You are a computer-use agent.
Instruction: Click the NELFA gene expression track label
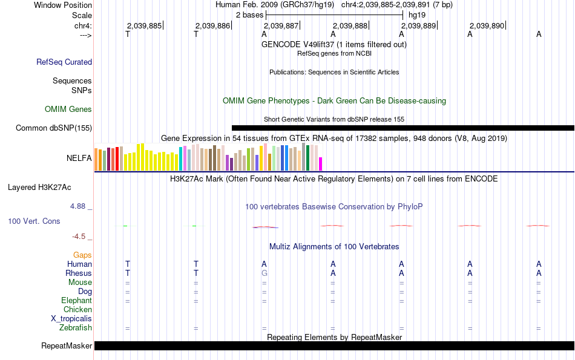pyautogui.click(x=79, y=159)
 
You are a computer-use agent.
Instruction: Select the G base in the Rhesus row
pyautogui.click(x=264, y=273)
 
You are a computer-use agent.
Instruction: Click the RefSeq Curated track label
pyautogui.click(x=64, y=62)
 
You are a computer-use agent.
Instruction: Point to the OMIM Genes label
pyautogui.click(x=68, y=110)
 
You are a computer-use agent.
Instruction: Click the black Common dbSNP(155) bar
pyautogui.click(x=403, y=128)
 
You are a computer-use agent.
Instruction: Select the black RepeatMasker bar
pyautogui.click(x=335, y=345)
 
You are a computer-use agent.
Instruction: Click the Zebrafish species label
pyautogui.click(x=76, y=328)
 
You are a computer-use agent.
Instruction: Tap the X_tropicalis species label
pyautogui.click(x=71, y=319)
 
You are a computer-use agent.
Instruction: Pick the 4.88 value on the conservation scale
pyautogui.click(x=77, y=206)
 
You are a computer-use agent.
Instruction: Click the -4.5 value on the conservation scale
pyautogui.click(x=79, y=237)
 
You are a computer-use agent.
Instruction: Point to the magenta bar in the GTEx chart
pyautogui.click(x=321, y=164)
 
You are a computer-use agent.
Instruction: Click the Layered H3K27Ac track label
pyautogui.click(x=39, y=188)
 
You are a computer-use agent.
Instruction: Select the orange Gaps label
pyautogui.click(x=82, y=255)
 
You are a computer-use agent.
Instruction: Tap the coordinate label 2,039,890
pyautogui.click(x=487, y=25)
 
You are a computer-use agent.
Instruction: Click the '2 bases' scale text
pyautogui.click(x=249, y=15)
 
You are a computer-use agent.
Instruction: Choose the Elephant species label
pyautogui.click(x=76, y=301)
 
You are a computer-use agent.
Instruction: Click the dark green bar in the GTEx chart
pyautogui.click(x=308, y=158)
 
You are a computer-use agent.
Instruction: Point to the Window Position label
pyautogui.click(x=63, y=5)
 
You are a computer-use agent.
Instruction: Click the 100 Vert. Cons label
pyautogui.click(x=34, y=221)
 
